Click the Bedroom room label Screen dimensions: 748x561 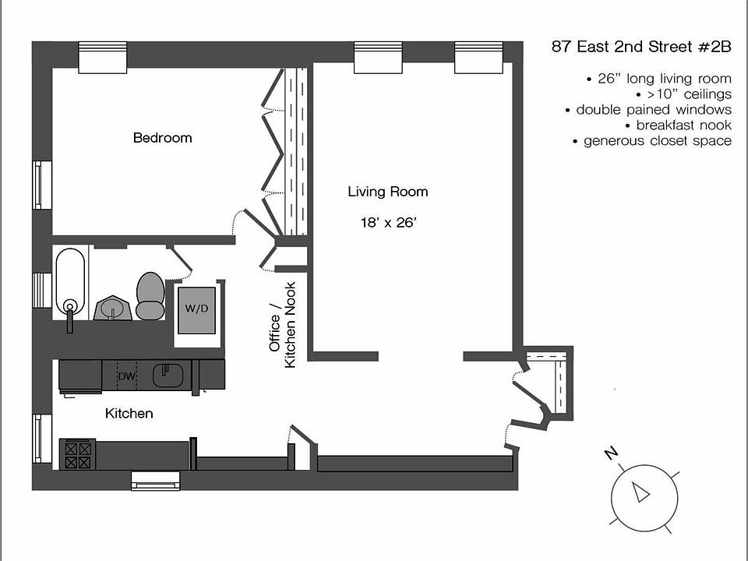pyautogui.click(x=162, y=138)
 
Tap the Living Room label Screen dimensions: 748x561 pyautogui.click(x=387, y=192)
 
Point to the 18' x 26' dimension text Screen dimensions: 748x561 pyautogui.click(x=388, y=222)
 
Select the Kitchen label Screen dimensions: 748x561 pyautogui.click(x=129, y=413)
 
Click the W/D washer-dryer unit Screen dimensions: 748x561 pyautogui.click(x=196, y=310)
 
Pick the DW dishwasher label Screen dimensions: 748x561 pyautogui.click(x=126, y=376)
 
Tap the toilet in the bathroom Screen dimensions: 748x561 pyautogui.click(x=150, y=296)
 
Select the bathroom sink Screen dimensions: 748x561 pyautogui.click(x=112, y=308)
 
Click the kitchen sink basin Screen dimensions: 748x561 pyautogui.click(x=168, y=376)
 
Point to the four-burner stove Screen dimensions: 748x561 pyautogui.click(x=78, y=455)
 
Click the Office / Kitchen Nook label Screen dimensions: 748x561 pyautogui.click(x=282, y=326)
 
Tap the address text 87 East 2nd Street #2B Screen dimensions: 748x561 pyautogui.click(x=641, y=47)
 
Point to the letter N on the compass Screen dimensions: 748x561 pyautogui.click(x=611, y=453)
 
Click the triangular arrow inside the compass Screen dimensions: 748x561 pyautogui.click(x=640, y=492)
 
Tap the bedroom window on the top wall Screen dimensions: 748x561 pyautogui.click(x=103, y=57)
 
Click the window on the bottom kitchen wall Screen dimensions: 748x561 pyautogui.click(x=156, y=481)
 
